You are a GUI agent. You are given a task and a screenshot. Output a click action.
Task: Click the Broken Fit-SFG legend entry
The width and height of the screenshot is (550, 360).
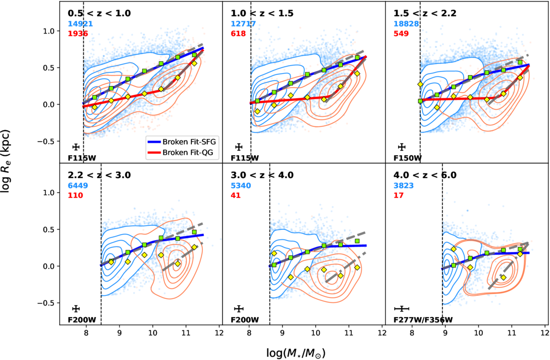(x=182, y=142)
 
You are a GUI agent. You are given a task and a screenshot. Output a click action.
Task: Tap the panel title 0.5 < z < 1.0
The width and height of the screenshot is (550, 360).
(x=99, y=13)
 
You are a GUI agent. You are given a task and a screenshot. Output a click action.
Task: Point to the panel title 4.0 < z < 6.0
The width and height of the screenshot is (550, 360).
(x=425, y=175)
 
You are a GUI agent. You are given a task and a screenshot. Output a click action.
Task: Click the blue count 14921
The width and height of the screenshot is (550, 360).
(x=80, y=24)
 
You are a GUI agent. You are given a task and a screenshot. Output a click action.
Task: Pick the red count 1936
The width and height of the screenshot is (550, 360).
(x=78, y=34)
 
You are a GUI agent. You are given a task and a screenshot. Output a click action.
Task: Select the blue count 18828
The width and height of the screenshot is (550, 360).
(x=406, y=24)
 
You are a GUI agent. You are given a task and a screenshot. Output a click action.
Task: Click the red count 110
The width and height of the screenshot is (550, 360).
(x=75, y=195)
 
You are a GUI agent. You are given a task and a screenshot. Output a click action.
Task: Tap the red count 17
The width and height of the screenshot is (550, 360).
(x=399, y=195)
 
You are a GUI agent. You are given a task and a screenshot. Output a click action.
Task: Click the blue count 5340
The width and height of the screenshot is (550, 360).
(x=241, y=185)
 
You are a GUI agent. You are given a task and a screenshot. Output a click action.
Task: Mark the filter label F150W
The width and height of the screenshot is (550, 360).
(x=407, y=158)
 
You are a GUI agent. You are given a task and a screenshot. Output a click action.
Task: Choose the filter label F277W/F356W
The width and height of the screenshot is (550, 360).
(x=423, y=320)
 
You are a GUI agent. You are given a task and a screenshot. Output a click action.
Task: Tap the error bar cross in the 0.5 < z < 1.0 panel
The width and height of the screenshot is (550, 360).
(x=76, y=147)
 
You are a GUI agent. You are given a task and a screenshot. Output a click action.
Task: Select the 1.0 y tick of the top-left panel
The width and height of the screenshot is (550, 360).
(x=49, y=31)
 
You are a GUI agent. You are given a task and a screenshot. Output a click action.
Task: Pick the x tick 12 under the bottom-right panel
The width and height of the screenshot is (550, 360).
(x=545, y=331)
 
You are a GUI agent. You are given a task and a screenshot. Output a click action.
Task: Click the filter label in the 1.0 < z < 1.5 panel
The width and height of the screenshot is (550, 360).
(x=245, y=158)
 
